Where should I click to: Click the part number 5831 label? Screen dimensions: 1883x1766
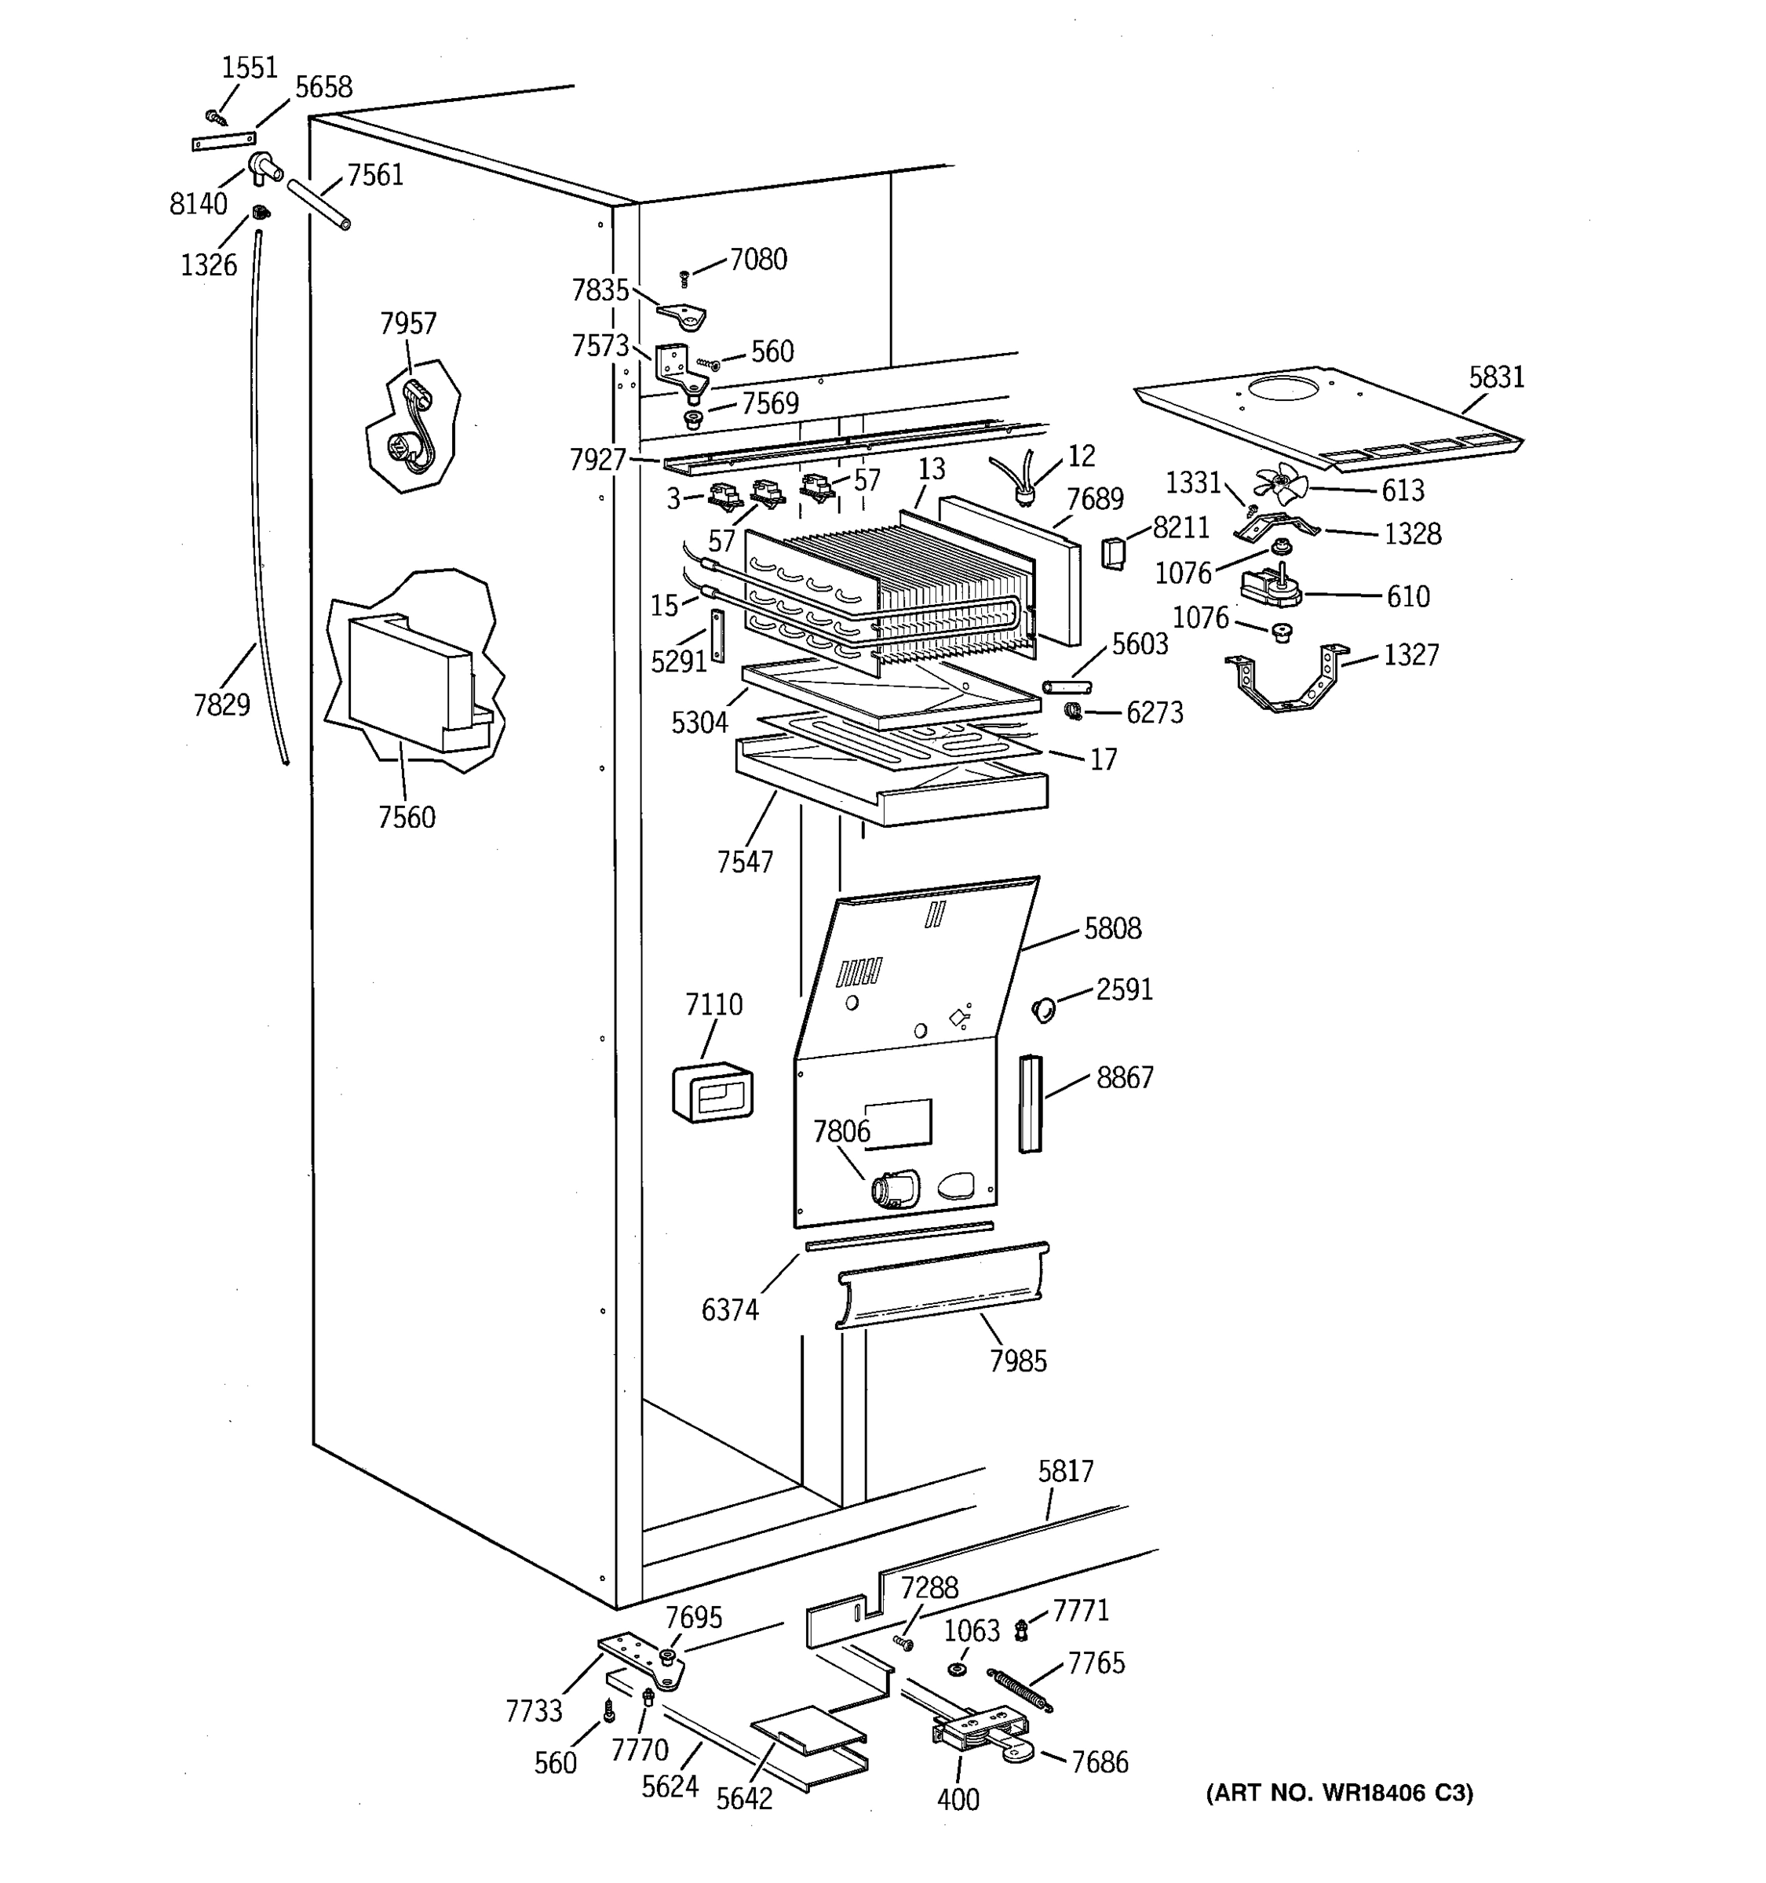click(x=1496, y=377)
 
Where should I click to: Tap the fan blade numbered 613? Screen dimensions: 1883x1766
click(x=1281, y=485)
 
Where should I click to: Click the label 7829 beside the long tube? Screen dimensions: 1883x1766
click(x=221, y=705)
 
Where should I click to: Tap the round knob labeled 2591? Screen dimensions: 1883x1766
click(x=1043, y=1009)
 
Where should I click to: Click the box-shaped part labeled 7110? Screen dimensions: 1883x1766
click(x=713, y=1094)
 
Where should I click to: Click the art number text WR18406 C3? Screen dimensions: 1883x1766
click(x=1339, y=1793)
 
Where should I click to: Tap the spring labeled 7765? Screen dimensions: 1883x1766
click(x=1020, y=1691)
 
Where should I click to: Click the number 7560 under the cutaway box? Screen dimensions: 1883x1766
click(x=407, y=817)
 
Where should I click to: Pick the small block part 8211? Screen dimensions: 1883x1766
click(x=1113, y=552)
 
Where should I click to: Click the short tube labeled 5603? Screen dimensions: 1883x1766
click(x=1067, y=686)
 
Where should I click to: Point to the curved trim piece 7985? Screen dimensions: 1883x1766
click(x=943, y=1285)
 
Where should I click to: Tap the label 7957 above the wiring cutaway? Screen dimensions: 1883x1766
click(x=408, y=324)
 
